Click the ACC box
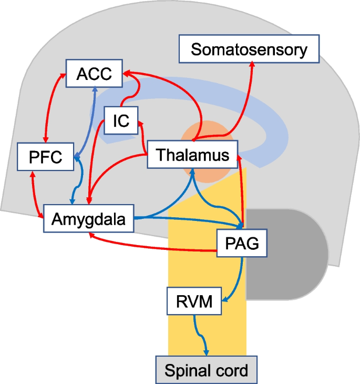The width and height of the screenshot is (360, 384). [94, 74]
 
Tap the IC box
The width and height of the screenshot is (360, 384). [120, 120]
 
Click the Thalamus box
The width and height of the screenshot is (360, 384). [193, 155]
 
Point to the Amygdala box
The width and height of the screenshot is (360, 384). [88, 219]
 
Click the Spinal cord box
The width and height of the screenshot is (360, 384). [206, 370]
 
